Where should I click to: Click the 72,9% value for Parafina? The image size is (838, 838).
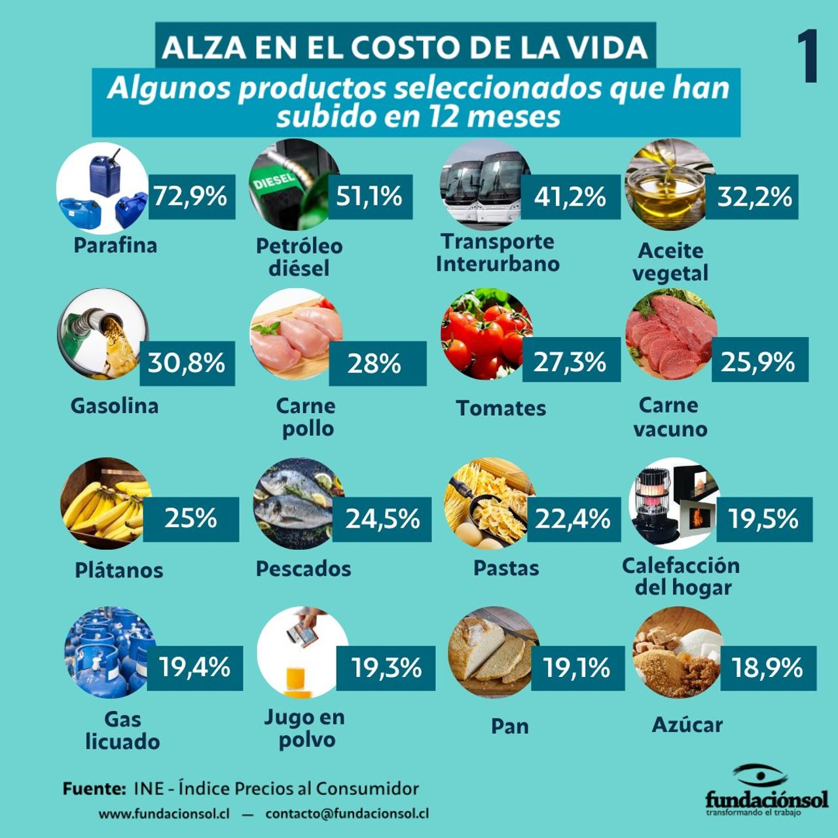point(191,196)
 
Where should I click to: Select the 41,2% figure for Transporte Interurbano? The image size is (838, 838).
point(570,197)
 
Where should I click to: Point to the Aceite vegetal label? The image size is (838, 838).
point(670,261)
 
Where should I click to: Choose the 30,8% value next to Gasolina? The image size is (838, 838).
point(187,363)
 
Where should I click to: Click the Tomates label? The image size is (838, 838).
point(501,408)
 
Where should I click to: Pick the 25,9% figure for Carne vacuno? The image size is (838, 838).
point(758,362)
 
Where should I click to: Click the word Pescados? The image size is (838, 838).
point(303,568)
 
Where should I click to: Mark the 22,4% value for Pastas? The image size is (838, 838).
point(573,519)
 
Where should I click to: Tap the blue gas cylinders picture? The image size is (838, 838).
point(108,652)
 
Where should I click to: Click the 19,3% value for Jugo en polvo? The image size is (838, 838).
point(386,668)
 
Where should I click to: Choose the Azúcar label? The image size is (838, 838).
point(687,725)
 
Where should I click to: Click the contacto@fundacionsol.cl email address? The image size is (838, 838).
point(347,814)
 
